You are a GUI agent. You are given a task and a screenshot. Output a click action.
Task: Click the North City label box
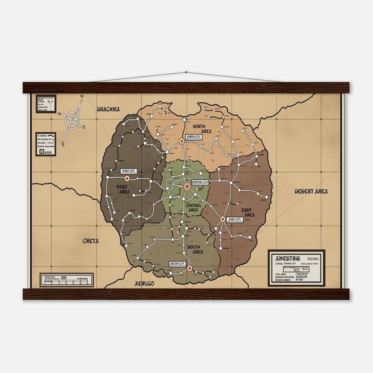coord(193,137)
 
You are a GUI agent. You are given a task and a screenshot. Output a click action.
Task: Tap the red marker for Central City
coord(187,186)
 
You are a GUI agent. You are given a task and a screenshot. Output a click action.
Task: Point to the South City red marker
coord(189,268)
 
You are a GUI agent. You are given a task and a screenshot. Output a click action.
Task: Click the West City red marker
coord(126,178)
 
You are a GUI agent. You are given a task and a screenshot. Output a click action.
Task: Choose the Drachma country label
coord(108,109)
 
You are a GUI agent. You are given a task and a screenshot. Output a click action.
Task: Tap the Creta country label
coord(91,241)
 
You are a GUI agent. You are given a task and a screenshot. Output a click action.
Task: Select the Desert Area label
coord(311,191)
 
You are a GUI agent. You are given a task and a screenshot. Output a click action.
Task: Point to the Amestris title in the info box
coord(286,258)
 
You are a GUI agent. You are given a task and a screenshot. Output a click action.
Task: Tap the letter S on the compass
coord(63,144)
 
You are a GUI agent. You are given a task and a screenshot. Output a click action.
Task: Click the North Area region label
coord(203,129)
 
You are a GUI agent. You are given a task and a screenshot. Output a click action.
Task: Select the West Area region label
coord(123,189)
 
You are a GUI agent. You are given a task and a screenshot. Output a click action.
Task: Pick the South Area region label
coord(195,250)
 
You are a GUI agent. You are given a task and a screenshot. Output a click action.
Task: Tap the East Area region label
coord(248,213)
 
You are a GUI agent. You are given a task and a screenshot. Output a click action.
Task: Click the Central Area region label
coord(193,208)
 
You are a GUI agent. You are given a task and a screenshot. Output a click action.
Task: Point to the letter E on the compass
coord(84,127)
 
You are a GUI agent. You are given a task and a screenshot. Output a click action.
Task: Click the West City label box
coord(129,171)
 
